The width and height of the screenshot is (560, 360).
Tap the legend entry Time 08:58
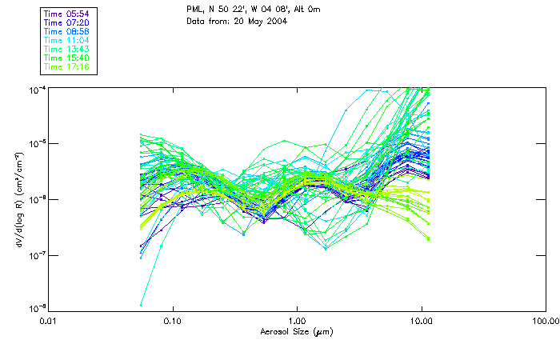click(x=66, y=31)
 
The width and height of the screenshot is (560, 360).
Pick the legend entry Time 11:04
click(x=66, y=40)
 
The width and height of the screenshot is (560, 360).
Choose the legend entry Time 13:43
click(x=66, y=49)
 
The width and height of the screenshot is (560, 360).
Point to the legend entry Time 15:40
click(x=66, y=58)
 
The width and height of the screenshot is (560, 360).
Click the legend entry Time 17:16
click(x=66, y=66)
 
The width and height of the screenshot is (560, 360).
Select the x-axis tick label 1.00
click(x=298, y=321)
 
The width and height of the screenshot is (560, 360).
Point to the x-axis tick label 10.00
click(x=422, y=321)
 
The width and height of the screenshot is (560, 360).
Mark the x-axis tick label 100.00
click(x=545, y=321)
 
